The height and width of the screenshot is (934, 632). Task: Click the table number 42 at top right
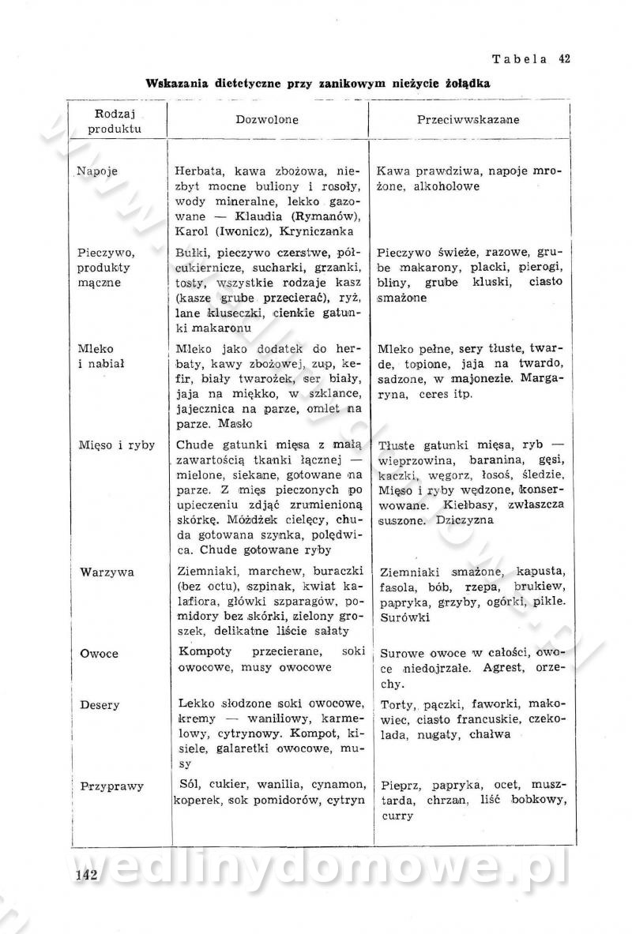564,58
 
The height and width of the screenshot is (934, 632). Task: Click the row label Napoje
97,171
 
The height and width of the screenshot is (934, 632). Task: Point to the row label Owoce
99,654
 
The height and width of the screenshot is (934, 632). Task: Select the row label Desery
100,704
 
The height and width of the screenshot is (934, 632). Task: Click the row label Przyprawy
111,786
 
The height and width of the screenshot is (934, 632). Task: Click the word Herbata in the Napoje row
201,171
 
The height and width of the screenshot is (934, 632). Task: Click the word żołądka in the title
469,82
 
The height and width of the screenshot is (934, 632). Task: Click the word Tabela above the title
520,58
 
